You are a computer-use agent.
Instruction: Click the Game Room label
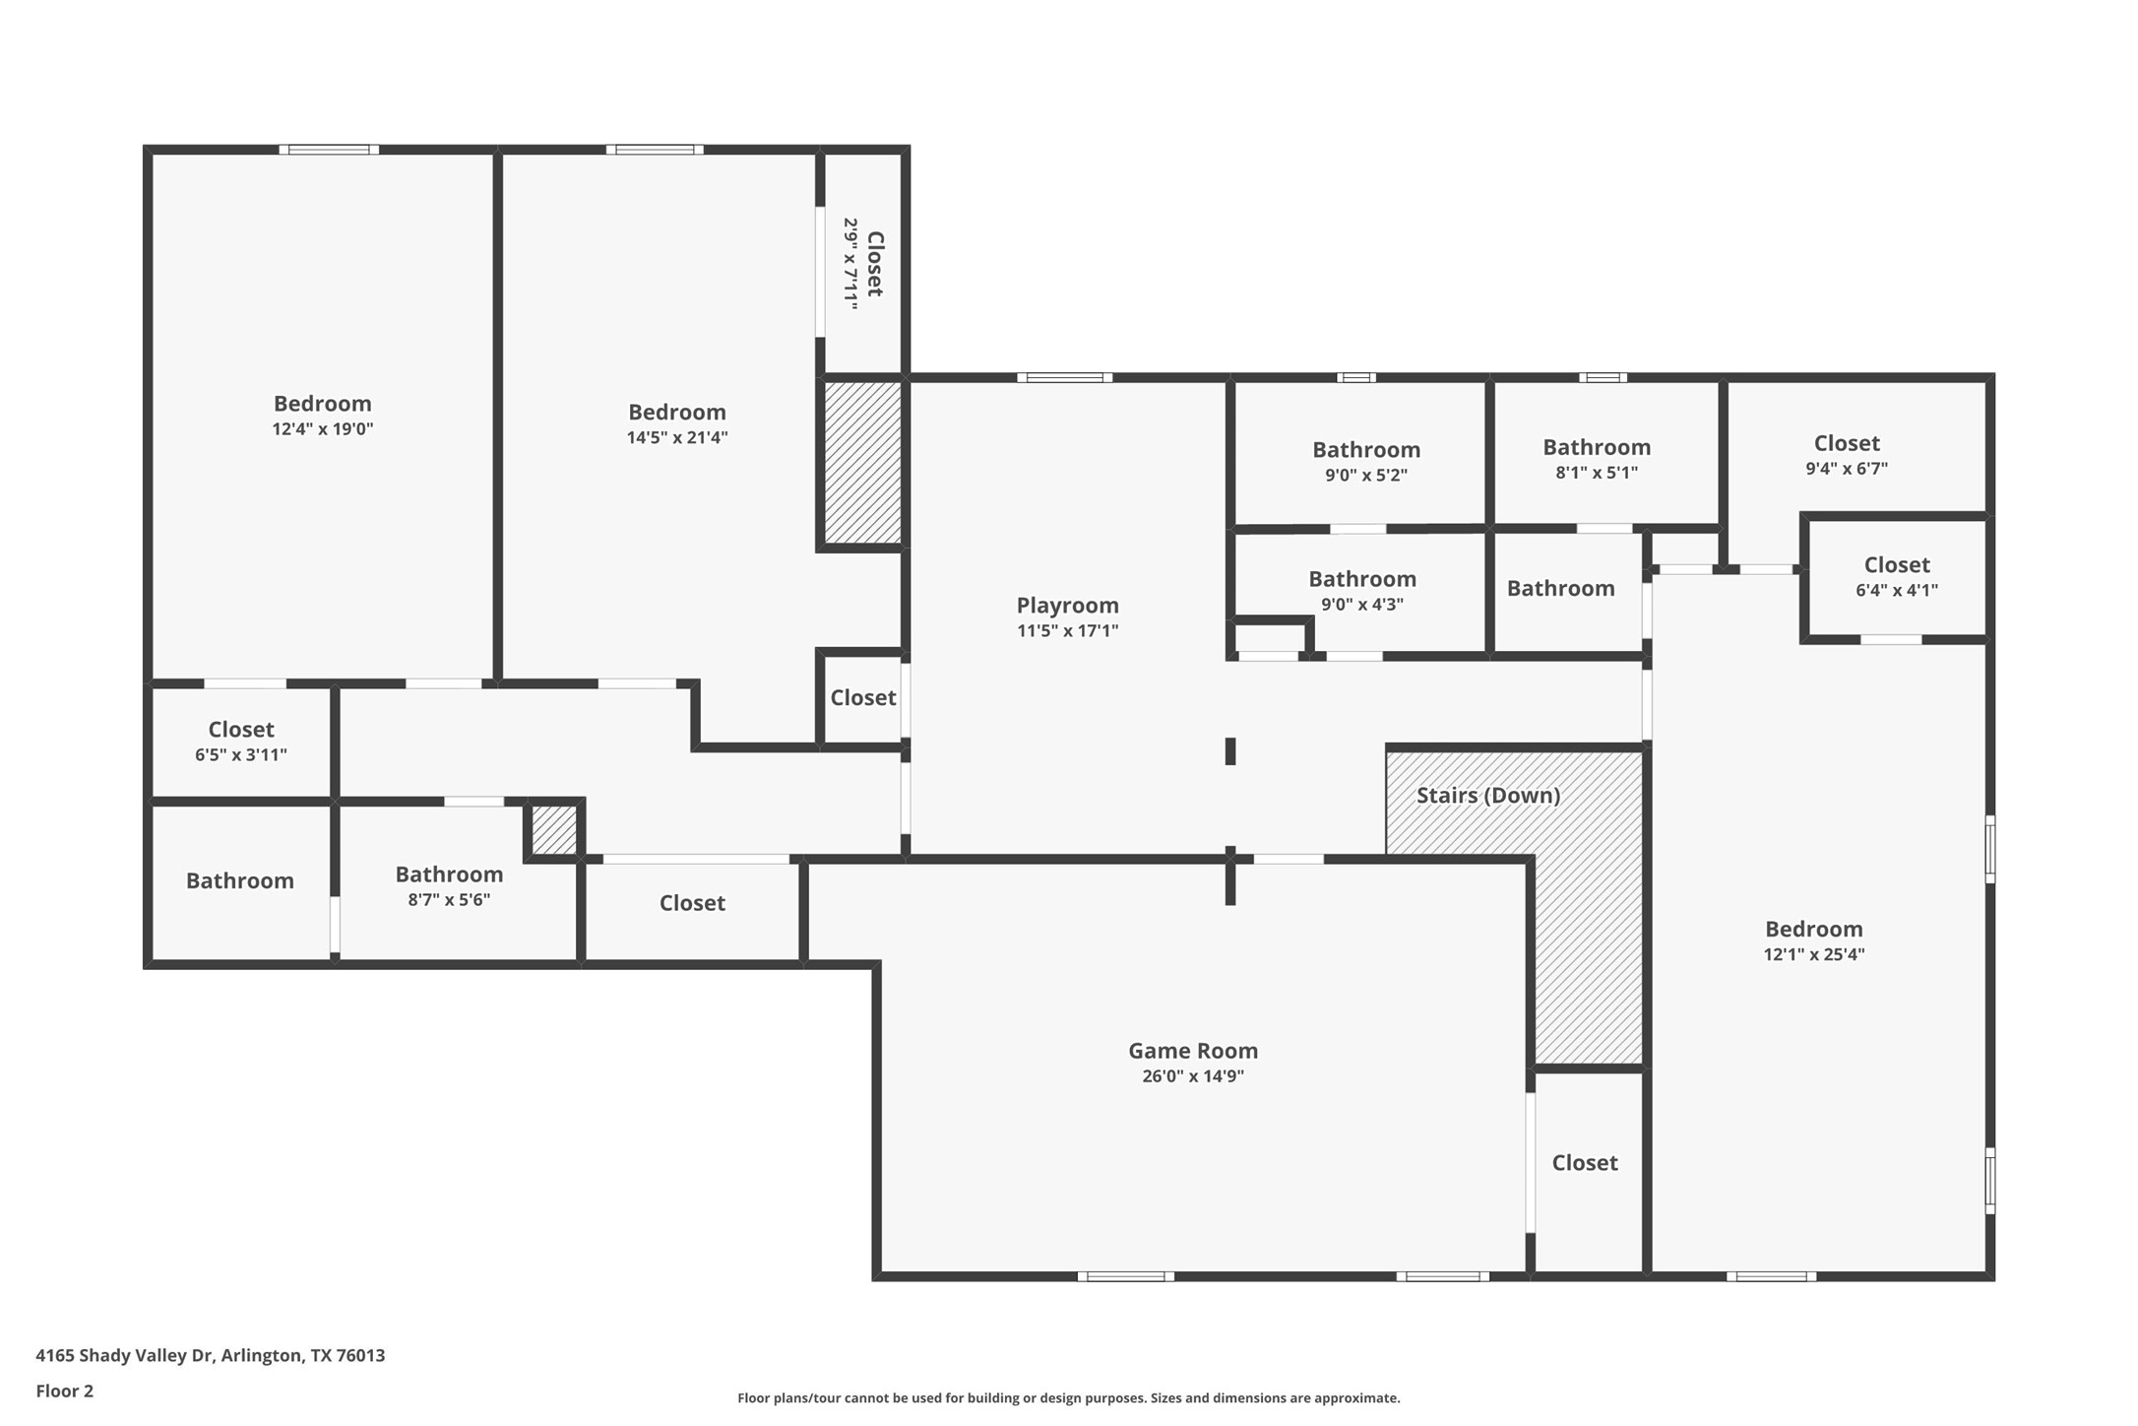(1192, 1051)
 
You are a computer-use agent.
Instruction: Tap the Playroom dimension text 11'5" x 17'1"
(1067, 630)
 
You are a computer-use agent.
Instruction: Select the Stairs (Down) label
(1487, 795)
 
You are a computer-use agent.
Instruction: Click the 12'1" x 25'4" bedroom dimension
(1813, 953)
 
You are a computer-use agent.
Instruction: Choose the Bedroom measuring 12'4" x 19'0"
(322, 404)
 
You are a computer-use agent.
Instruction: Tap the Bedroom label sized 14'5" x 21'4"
(676, 413)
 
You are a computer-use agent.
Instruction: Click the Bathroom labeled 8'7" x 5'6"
(449, 875)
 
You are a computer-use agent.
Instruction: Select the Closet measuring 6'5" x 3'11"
(240, 730)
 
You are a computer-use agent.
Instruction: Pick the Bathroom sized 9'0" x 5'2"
(1365, 450)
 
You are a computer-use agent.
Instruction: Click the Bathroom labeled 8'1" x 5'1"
(1596, 448)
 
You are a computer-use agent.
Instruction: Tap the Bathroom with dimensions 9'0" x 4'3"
(1361, 579)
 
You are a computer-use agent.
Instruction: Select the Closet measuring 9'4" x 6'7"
(1846, 443)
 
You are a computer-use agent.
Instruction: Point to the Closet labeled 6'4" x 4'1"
(1896, 565)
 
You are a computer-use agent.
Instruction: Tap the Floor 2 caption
(64, 1391)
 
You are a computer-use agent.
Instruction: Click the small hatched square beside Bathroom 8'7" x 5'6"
(554, 830)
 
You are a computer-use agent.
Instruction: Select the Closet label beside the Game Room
(1584, 1163)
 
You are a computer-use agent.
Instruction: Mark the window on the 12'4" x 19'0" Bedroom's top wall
(329, 150)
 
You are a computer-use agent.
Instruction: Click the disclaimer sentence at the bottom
(1068, 1397)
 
